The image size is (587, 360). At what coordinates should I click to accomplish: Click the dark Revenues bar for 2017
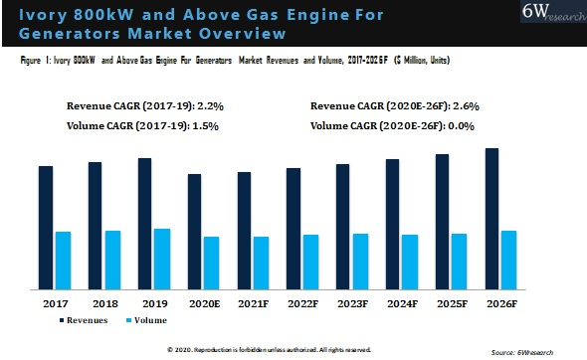(46, 227)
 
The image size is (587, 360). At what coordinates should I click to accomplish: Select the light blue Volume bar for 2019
(162, 259)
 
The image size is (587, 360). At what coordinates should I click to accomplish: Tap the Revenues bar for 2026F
(492, 219)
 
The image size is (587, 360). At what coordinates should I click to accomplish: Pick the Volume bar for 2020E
(212, 263)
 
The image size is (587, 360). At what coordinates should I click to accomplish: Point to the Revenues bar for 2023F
(343, 226)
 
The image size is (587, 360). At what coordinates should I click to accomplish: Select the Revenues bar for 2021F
(244, 230)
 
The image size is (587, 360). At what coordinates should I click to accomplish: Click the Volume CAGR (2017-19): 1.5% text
(142, 126)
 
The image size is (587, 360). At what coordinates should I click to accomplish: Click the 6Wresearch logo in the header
(550, 19)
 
